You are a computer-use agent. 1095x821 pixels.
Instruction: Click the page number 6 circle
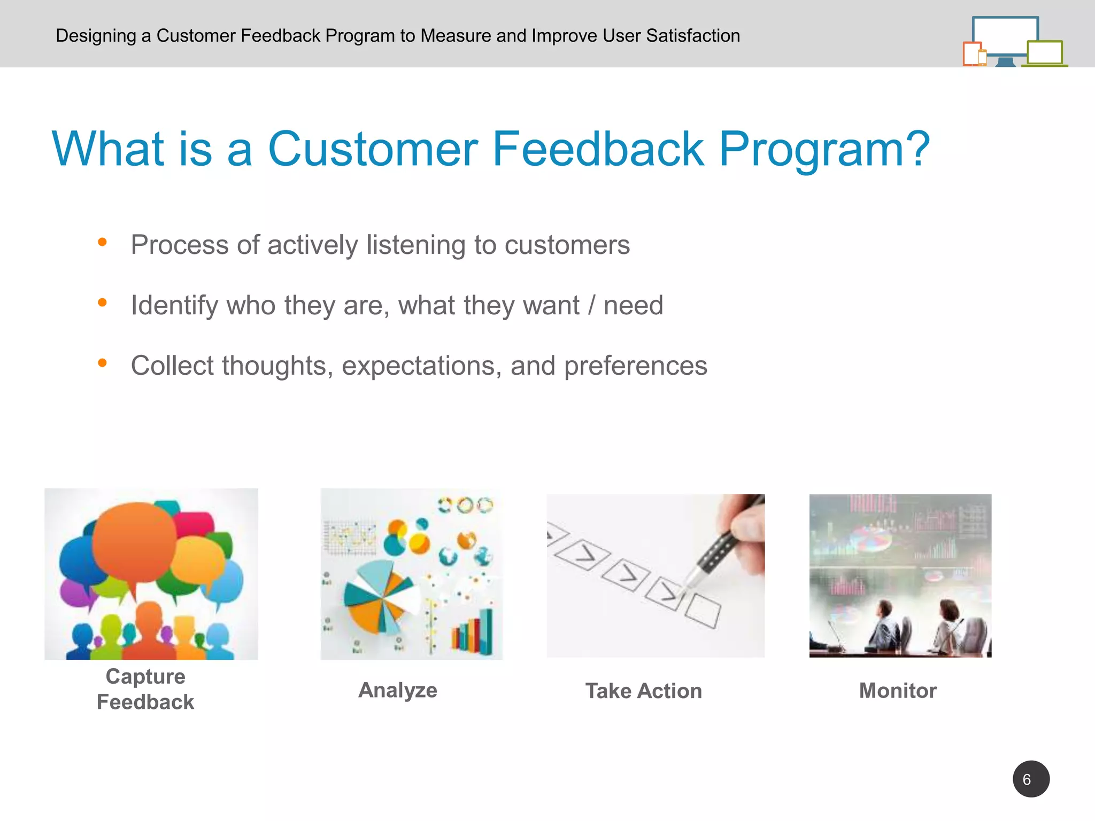point(1030,779)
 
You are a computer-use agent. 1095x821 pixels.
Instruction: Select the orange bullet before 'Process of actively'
point(102,243)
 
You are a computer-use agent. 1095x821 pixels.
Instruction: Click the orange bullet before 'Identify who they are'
point(102,303)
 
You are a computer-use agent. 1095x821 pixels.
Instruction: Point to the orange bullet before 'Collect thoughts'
point(102,363)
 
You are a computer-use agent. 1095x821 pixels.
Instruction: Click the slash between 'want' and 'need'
point(591,306)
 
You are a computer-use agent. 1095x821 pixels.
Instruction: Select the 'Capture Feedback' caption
point(145,689)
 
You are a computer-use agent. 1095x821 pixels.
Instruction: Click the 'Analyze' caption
point(398,690)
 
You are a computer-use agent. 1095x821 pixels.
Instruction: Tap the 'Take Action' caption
point(643,691)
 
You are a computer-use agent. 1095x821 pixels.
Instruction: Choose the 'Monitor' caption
point(898,691)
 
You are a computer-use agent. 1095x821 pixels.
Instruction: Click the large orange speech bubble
point(134,540)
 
